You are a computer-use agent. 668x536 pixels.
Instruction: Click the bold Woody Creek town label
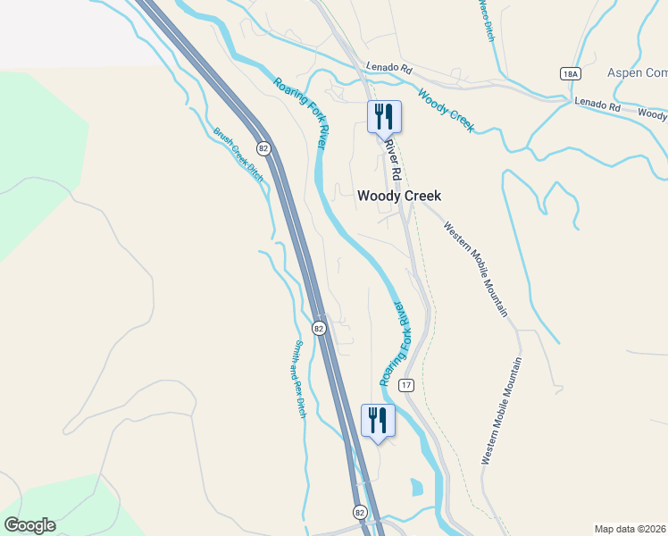[399, 196]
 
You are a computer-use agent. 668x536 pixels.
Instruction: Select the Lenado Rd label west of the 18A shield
[388, 67]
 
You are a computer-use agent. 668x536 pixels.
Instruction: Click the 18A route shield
[571, 73]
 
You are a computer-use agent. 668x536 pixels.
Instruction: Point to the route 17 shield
[407, 385]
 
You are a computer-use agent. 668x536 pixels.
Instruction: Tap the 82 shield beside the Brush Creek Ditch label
[263, 147]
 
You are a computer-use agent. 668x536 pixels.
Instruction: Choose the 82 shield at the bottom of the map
[360, 512]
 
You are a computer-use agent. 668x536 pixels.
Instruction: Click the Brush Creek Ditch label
[238, 155]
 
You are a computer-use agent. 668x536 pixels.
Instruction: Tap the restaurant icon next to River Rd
[385, 115]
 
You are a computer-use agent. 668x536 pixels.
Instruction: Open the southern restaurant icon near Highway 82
[378, 419]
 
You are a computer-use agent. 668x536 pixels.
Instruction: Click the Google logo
[29, 525]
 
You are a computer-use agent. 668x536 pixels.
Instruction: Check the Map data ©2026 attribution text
[629, 529]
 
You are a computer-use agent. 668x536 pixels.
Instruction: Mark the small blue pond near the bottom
[417, 488]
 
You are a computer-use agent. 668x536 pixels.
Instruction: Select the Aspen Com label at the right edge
[637, 72]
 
